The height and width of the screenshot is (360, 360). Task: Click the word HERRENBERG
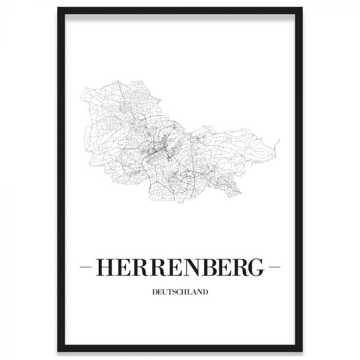[179, 267]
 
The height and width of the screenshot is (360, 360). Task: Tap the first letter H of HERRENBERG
[106, 267]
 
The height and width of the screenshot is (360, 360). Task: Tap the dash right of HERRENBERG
[273, 268]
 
